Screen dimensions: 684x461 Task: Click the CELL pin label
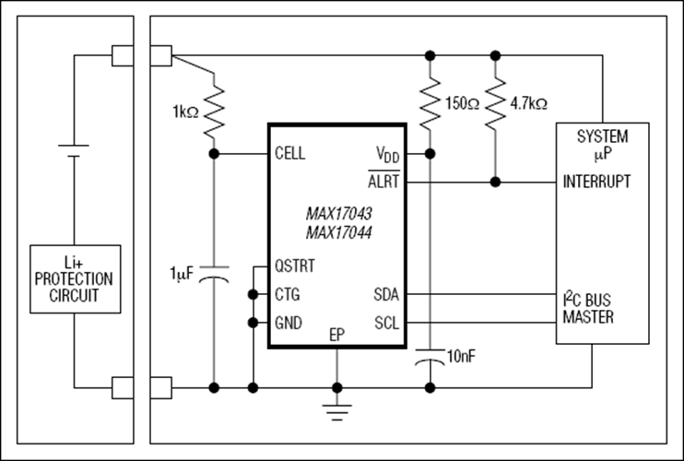[x=290, y=154]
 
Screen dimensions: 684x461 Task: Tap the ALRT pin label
[x=383, y=181]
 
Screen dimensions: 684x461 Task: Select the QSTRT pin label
[x=294, y=266]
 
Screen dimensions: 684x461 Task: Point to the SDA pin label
[x=386, y=295]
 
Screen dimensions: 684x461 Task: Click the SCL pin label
[x=386, y=324]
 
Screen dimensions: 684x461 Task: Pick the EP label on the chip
[x=336, y=335]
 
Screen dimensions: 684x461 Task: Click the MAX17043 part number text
[x=339, y=214]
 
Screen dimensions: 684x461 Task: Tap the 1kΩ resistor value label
[x=186, y=112]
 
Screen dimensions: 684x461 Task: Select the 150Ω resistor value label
[x=463, y=104]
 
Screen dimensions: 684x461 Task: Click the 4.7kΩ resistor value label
[x=529, y=104]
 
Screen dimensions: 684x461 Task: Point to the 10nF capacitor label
[x=462, y=357]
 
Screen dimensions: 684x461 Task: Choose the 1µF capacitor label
[x=182, y=274]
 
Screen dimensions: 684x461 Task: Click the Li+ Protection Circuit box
[x=75, y=279]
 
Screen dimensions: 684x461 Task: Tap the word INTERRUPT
[x=596, y=181]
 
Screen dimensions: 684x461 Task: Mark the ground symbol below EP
[x=336, y=412]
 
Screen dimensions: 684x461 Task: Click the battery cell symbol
[x=74, y=150]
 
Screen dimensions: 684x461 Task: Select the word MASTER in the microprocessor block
[x=588, y=317]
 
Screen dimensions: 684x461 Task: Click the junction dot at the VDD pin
[x=430, y=154]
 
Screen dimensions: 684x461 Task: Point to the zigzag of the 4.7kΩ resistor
[x=495, y=104]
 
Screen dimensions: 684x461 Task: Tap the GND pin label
[x=289, y=324]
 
